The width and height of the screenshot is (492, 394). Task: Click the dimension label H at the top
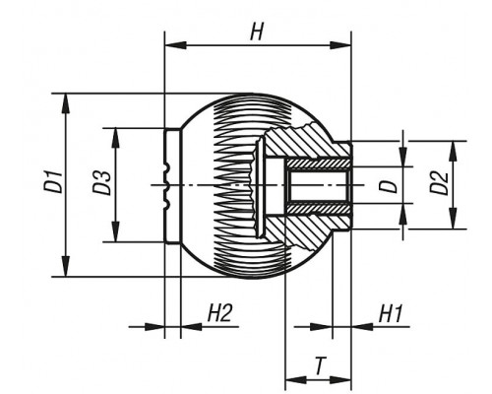point(257,33)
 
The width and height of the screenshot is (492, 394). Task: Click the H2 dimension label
point(219,313)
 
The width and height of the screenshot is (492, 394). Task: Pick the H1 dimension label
point(391,313)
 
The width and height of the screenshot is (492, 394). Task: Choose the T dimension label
point(319,366)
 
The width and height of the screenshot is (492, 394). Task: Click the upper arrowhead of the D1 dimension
point(66,103)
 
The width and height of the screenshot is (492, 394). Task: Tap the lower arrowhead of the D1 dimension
point(66,267)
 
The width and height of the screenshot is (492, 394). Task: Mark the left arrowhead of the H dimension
point(175,45)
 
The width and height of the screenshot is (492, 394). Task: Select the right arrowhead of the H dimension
point(340,45)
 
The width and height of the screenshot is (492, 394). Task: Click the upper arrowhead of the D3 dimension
point(115,138)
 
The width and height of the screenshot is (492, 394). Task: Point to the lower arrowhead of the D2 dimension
point(453,219)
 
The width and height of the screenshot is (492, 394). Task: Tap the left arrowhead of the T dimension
point(296,380)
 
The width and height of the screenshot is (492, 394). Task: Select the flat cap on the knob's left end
point(172,185)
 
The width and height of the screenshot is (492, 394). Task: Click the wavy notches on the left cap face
point(166,186)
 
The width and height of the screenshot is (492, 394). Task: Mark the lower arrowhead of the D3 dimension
point(115,231)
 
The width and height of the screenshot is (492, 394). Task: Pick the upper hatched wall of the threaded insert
point(318,164)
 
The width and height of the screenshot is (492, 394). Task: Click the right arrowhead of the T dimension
point(340,380)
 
